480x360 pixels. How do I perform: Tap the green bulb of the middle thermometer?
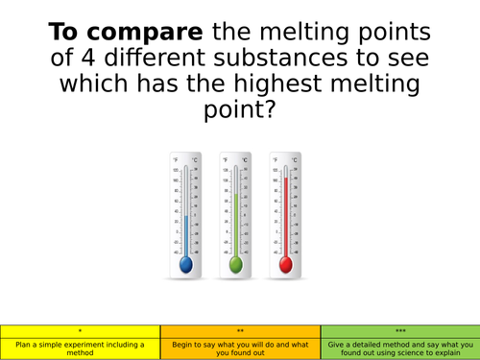[x=235, y=262]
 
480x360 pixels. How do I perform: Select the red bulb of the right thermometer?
[x=285, y=262]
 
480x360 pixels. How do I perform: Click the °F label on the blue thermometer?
[x=175, y=159]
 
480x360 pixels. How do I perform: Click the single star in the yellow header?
[x=81, y=329]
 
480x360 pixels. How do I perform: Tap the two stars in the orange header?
[x=240, y=329]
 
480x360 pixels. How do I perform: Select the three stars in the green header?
[x=398, y=329]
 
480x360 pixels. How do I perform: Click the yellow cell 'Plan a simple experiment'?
[x=81, y=348]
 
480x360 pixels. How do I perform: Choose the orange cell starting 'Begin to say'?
[x=240, y=348]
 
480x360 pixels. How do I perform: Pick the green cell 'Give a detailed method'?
[x=398, y=348]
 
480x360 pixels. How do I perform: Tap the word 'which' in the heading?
[x=94, y=84]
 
